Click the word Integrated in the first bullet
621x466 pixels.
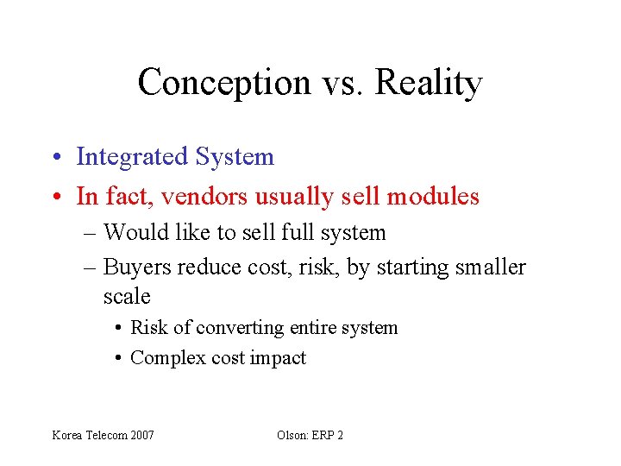pyautogui.click(x=132, y=157)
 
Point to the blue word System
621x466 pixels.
pyautogui.click(x=235, y=157)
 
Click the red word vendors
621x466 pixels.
pyautogui.click(x=210, y=197)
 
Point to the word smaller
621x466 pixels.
pyautogui.click(x=483, y=268)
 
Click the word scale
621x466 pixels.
pyautogui.click(x=127, y=297)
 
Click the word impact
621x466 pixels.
pyautogui.click(x=278, y=358)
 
